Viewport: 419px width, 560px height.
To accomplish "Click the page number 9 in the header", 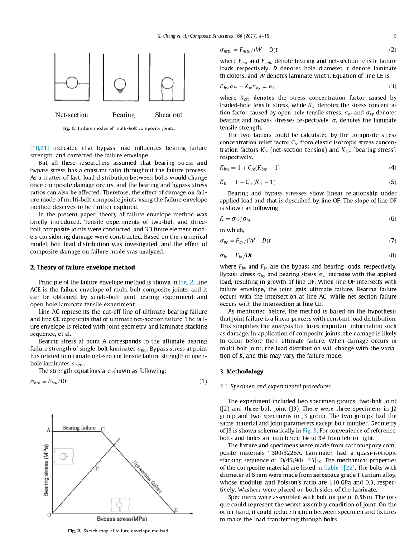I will coord(395,36).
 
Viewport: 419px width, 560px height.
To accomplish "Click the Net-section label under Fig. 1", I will coord(72,115).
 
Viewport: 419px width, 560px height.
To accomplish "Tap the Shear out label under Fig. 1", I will coord(169,115).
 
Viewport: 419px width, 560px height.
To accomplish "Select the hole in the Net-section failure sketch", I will coord(72,83).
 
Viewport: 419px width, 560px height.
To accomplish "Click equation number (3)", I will coord(393,86).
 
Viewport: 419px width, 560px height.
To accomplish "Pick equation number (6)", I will coord(393,219).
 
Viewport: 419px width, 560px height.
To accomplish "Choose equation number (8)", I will coord(393,255).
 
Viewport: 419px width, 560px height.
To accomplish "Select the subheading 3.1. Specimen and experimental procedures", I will coord(275,387).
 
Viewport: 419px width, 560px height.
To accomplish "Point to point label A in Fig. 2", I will coord(48,429).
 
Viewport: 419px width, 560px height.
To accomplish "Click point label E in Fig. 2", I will coord(176,510).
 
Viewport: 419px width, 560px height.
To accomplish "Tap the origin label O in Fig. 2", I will coord(48,515).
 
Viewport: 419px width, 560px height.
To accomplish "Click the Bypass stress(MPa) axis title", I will coord(122,519).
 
